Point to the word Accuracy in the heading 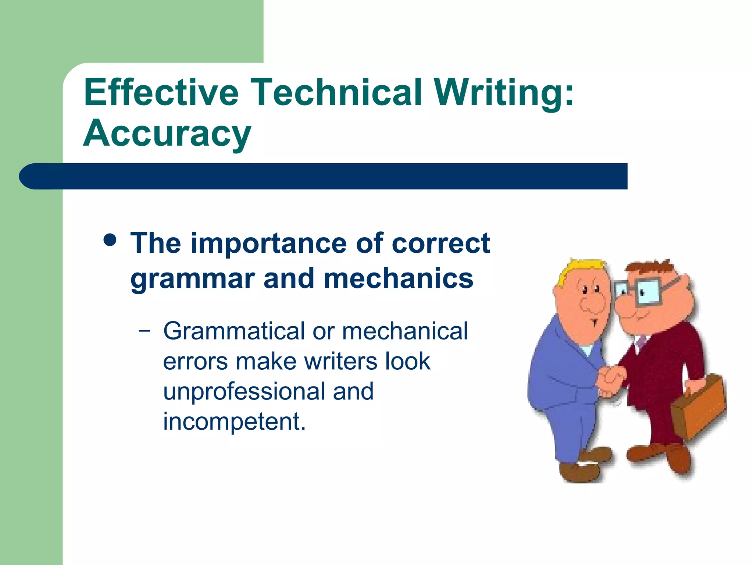167,133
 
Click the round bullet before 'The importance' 110,241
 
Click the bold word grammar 193,279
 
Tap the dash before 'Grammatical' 145,331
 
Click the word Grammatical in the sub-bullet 234,331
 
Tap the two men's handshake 611,381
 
